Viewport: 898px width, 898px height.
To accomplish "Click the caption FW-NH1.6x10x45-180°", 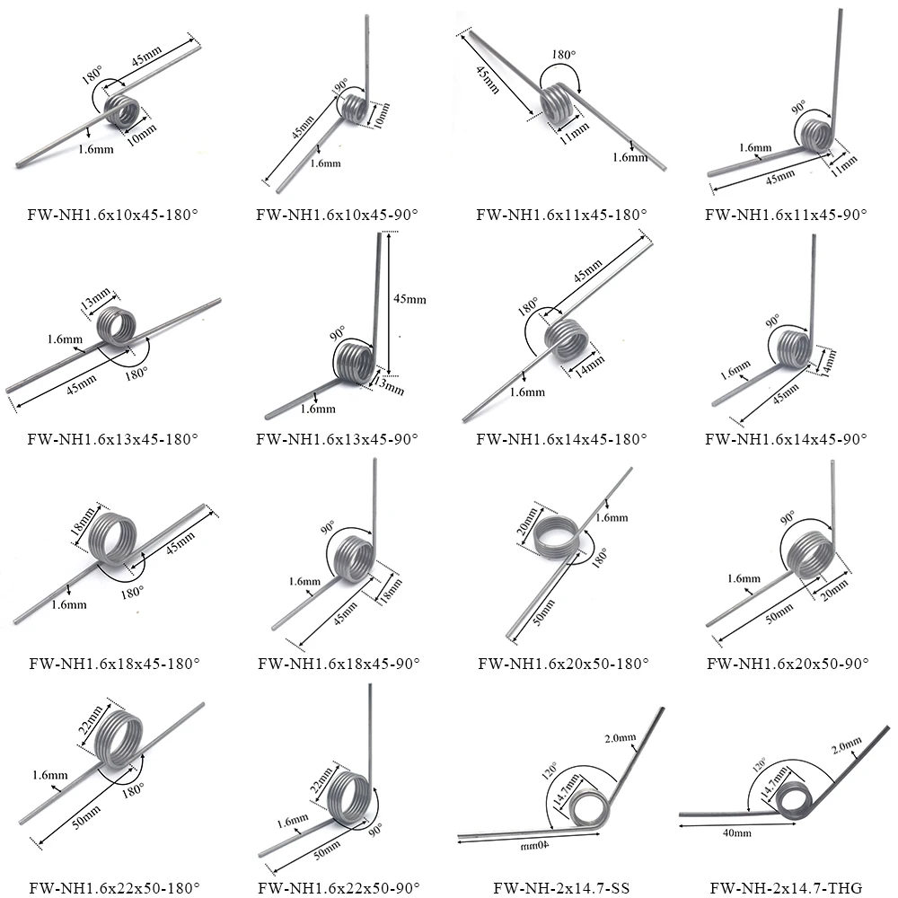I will click(113, 216).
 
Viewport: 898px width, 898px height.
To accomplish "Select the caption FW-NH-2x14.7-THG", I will click(786, 889).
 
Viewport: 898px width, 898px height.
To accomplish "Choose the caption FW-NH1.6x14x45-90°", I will click(787, 440).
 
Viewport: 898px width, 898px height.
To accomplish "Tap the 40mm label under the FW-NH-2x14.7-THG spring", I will click(735, 833).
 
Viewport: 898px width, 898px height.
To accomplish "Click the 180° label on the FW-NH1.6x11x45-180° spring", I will click(564, 55).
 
